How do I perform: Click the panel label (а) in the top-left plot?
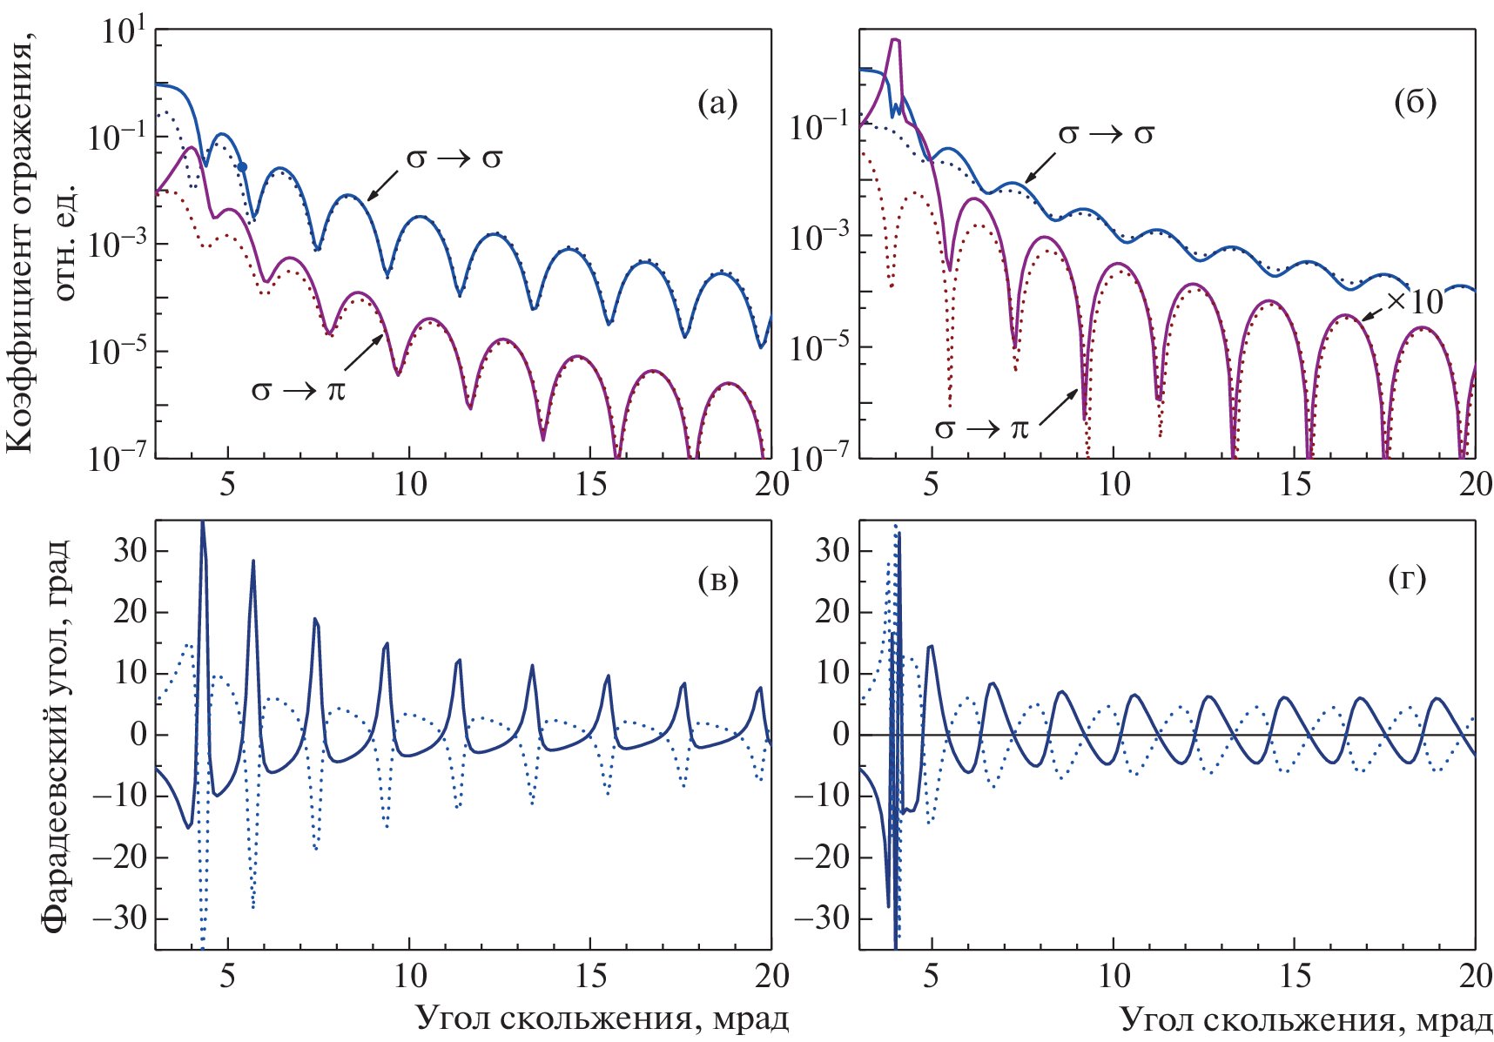click(717, 104)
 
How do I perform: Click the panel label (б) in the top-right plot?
click(1415, 102)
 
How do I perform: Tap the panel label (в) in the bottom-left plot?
click(717, 580)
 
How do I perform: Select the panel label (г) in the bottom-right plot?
click(1407, 578)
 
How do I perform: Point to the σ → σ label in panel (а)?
click(454, 158)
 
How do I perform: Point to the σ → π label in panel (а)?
click(299, 390)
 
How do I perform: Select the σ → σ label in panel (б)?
click(1106, 134)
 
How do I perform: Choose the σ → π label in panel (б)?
click(981, 428)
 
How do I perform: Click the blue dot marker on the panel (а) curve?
click(243, 166)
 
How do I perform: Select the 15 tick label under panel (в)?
click(591, 976)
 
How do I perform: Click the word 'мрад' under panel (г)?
click(1453, 1019)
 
